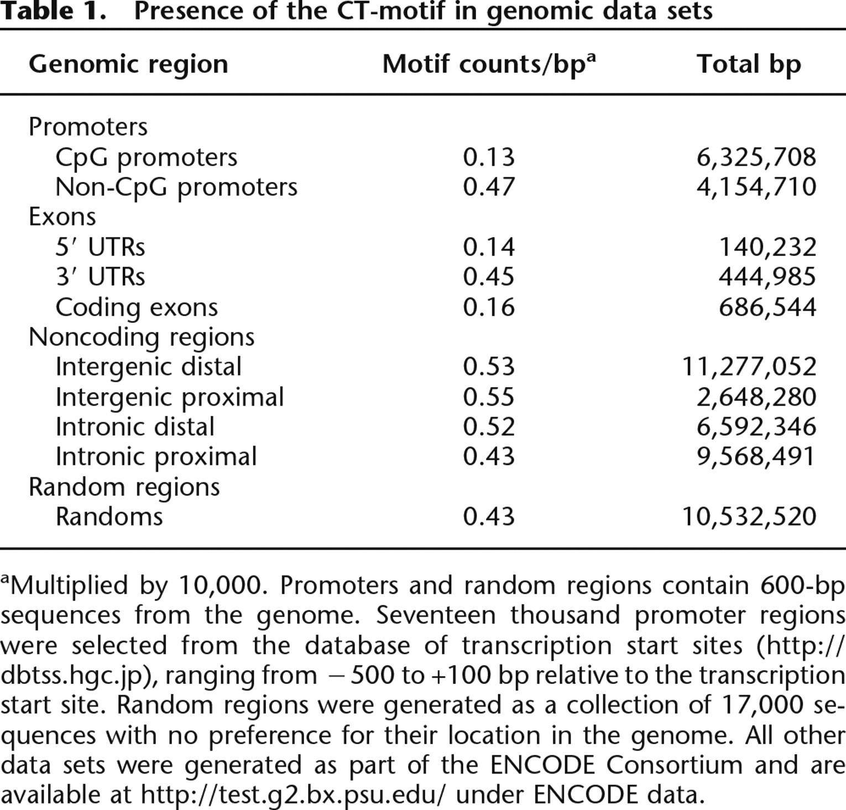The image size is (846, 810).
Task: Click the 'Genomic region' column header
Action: pos(128,65)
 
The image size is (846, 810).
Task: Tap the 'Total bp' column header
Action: pos(749,65)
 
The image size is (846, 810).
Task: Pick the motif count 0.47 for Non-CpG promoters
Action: pos(489,187)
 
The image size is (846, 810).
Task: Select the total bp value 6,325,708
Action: pos(756,158)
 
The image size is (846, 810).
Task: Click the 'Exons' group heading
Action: pos(62,217)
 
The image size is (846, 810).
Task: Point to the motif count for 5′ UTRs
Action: pos(489,247)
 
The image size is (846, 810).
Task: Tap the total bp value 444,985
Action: pos(767,276)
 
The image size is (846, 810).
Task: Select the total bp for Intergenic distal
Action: pos(749,367)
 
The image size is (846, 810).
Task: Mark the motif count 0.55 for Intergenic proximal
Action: pos(489,397)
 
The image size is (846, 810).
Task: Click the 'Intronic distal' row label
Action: pos(135,427)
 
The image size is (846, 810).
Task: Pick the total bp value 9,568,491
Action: pos(756,457)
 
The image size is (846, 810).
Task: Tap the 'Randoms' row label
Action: pos(109,517)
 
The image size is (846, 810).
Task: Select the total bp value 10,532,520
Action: pos(749,517)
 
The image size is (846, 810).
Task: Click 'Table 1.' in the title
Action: pos(54,11)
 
